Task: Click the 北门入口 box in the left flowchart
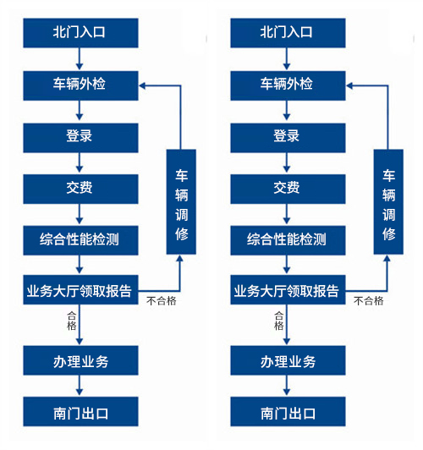coord(80,33)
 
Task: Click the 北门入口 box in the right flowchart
coord(288,33)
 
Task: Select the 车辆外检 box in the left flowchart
coord(80,85)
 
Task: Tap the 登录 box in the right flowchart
coord(288,138)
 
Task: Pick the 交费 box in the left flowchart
coord(80,189)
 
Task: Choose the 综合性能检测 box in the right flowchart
coord(288,240)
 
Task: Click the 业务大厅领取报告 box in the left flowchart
coord(80,290)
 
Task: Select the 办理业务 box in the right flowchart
coord(288,360)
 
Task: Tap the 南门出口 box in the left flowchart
coord(80,412)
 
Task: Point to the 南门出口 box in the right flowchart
coord(288,412)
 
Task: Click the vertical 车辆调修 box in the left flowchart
coord(181,202)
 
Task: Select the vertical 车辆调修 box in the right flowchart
coord(388,202)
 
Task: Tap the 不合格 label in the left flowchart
coord(162,301)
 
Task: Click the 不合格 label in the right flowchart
coord(369,301)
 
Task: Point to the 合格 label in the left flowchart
coord(71,321)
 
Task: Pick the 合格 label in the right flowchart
coord(278,321)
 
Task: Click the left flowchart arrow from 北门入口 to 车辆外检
coord(80,59)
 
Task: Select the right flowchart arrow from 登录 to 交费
coord(287,162)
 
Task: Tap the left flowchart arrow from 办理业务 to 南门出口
coord(80,386)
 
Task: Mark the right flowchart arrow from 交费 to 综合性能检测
coord(287,214)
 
